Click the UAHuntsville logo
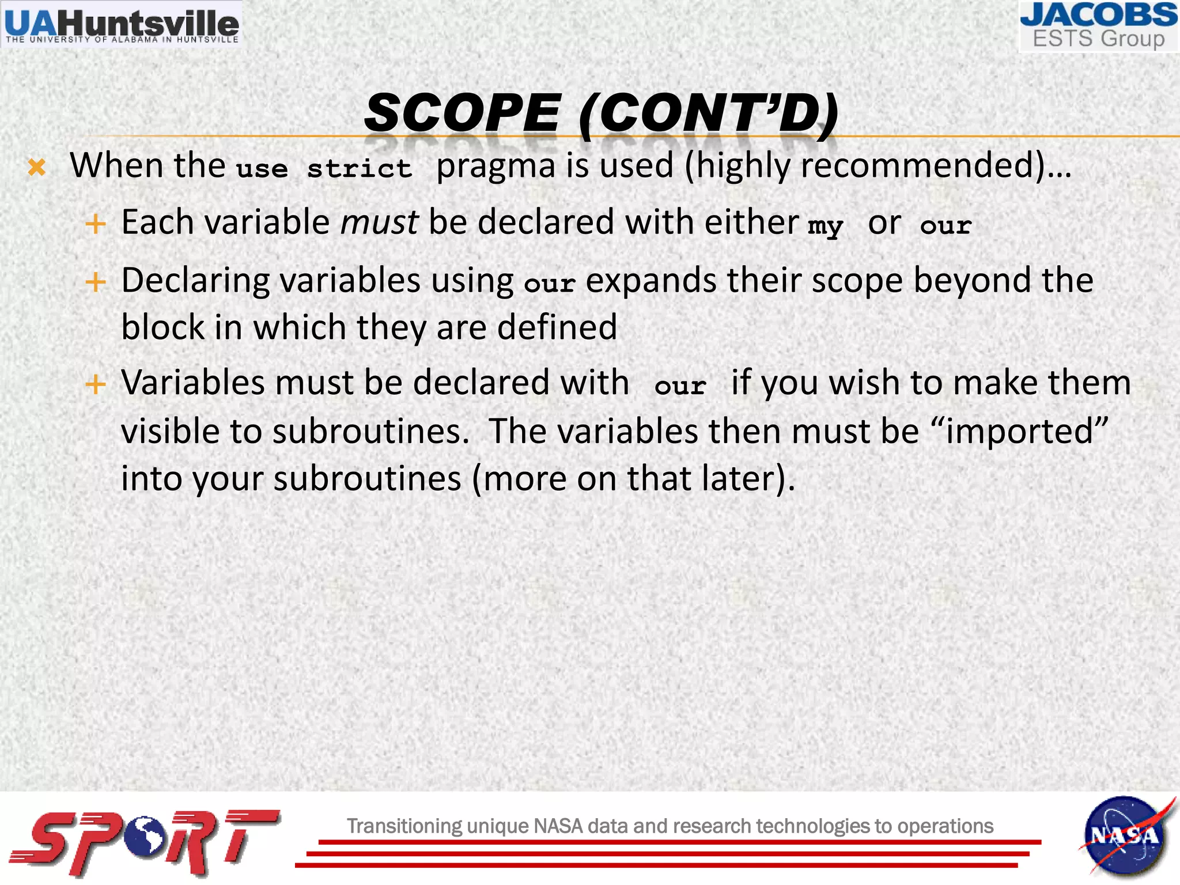122,25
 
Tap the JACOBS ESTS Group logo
1098,26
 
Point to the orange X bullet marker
37,167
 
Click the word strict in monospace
359,169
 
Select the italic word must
379,222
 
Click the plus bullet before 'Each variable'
96,224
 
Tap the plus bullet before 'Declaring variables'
96,282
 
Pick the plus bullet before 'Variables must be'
96,384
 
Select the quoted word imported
1019,431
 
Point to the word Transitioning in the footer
404,826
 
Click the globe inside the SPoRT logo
147,835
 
